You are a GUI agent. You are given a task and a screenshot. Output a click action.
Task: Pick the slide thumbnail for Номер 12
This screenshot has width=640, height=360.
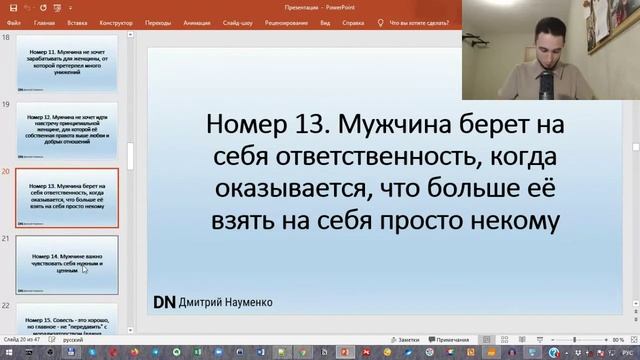tap(67, 129)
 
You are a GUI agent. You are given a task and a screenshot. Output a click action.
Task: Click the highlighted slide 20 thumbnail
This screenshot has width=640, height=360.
tap(67, 197)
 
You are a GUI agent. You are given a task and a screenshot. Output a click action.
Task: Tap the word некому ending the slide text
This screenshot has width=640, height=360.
tap(512, 221)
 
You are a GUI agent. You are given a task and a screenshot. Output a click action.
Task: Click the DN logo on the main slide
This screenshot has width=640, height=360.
tap(164, 301)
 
